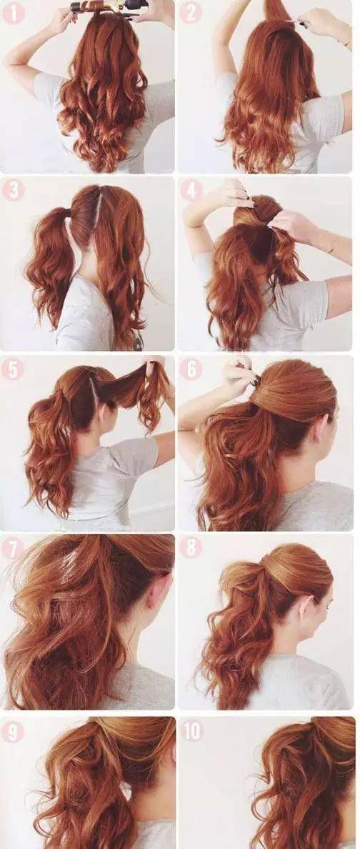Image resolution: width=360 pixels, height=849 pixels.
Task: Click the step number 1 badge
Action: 13,12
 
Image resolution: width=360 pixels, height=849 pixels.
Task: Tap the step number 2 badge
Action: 191,12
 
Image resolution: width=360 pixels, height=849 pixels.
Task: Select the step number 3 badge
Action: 13,191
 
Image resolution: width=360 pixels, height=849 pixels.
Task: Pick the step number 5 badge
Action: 13,369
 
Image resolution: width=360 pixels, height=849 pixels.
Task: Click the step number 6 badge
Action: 191,369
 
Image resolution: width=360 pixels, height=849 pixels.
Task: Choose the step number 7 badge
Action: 13,548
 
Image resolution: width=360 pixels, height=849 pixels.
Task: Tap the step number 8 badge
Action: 191,548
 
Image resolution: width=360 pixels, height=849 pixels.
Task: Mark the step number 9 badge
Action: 13,731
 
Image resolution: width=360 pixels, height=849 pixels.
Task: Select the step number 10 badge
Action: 191,731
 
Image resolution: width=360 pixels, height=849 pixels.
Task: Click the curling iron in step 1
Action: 109,6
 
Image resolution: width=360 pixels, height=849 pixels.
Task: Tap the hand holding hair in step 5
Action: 156,369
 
